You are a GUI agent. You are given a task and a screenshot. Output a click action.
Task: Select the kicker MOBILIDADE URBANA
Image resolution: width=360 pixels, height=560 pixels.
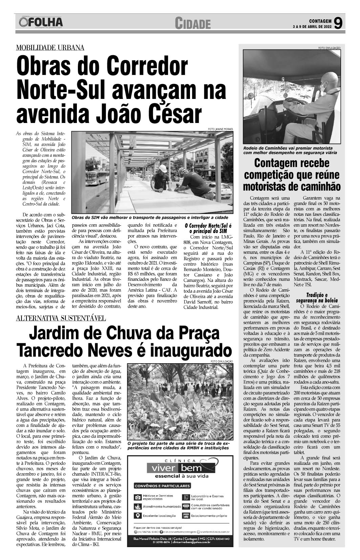point(50,48)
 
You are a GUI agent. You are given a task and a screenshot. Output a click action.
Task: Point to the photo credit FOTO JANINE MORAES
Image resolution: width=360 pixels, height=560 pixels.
point(220,129)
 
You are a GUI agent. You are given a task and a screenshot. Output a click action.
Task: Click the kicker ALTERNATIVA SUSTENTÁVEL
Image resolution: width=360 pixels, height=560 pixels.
point(61,318)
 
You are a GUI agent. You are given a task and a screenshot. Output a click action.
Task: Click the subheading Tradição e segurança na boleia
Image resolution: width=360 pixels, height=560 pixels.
point(317,297)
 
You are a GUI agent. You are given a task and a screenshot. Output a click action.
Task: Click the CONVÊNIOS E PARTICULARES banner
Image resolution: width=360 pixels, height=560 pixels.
point(163,486)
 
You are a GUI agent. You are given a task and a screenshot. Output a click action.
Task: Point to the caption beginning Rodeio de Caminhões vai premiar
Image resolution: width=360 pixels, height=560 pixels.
point(288,150)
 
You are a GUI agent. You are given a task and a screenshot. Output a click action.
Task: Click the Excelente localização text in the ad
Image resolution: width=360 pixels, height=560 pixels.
point(159,516)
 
